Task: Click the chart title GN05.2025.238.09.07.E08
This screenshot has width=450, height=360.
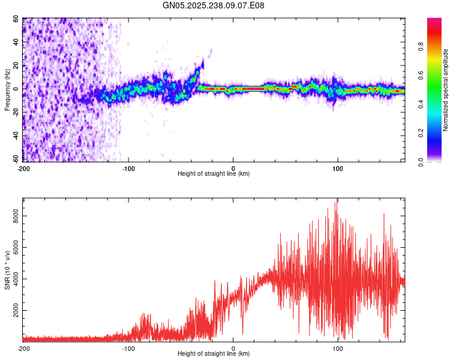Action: coord(214,5)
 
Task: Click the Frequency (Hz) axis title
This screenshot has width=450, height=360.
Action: coord(7,89)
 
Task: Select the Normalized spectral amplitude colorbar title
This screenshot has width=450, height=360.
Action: coord(446,90)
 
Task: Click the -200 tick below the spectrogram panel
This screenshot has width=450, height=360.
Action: coord(23,168)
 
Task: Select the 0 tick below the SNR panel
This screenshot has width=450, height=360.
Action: coord(233,349)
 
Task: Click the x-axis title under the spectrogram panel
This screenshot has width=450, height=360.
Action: coord(214,174)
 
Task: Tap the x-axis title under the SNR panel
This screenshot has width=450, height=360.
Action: coord(214,355)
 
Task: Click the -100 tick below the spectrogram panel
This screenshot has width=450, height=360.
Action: coord(128,168)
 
